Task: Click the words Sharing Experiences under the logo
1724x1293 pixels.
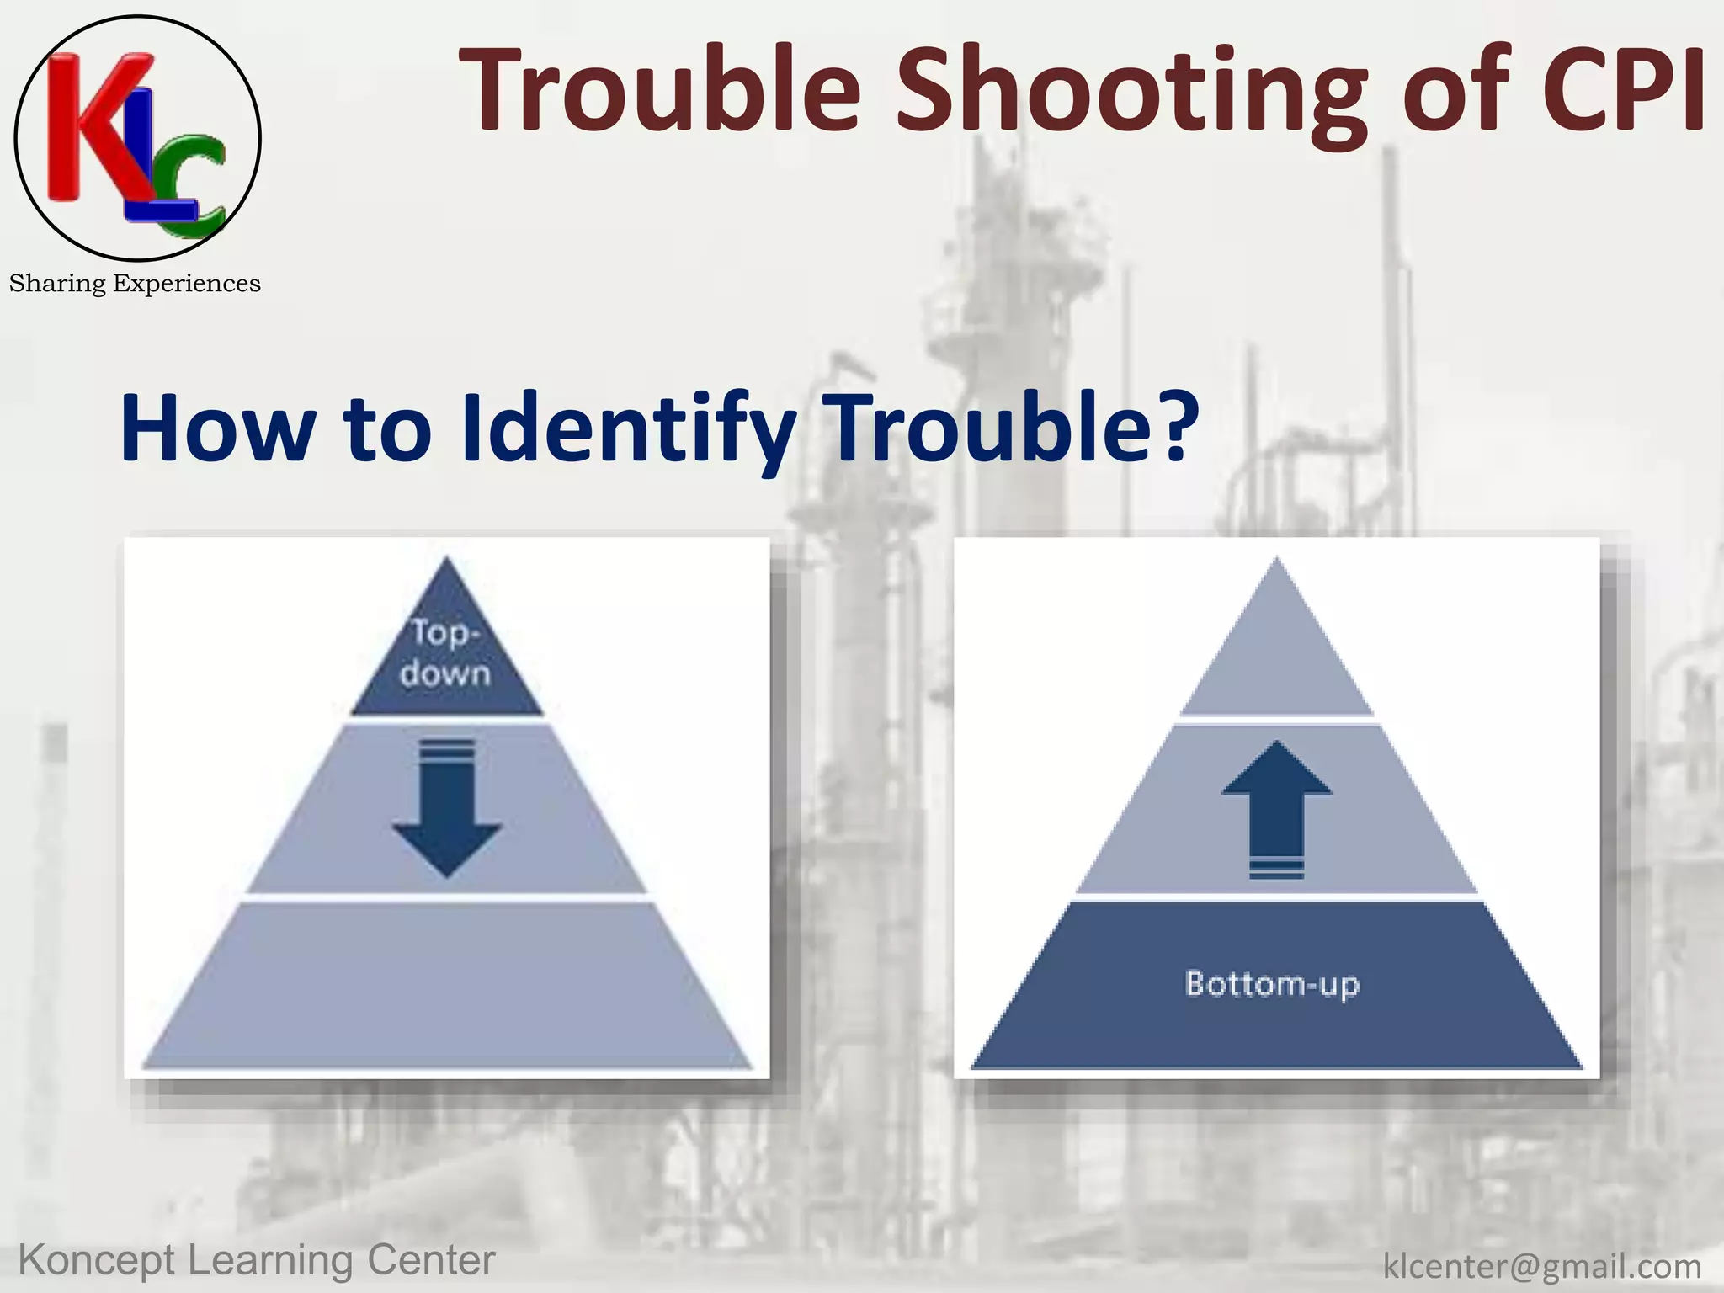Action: (x=135, y=284)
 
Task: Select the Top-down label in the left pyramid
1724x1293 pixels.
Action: (x=445, y=652)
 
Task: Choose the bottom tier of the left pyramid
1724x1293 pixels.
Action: (x=447, y=985)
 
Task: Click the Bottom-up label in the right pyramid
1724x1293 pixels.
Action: (x=1272, y=983)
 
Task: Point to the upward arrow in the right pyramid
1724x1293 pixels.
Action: (x=1277, y=808)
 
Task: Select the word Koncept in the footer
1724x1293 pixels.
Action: (x=97, y=1261)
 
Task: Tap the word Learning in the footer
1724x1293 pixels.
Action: (x=271, y=1261)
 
